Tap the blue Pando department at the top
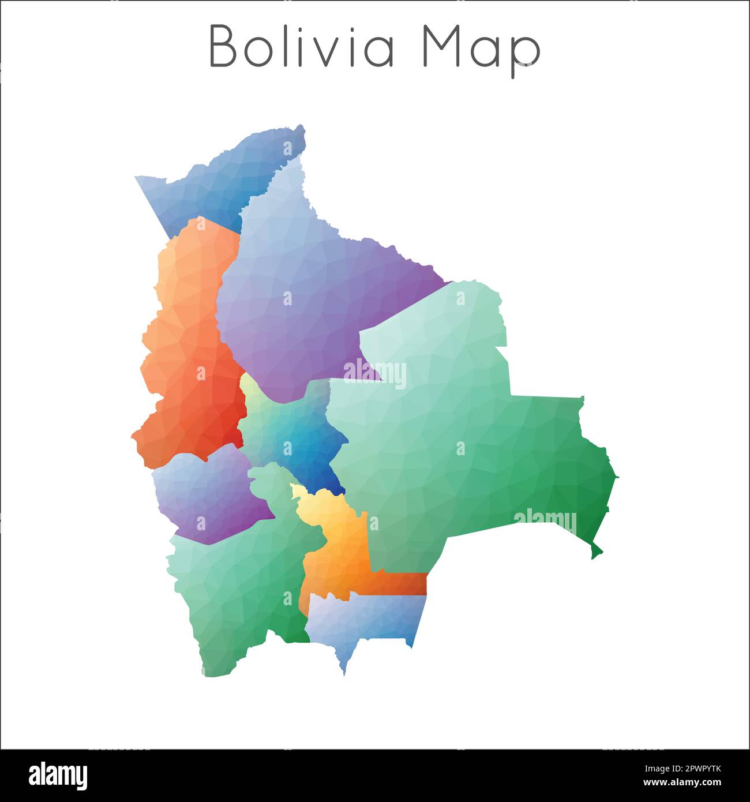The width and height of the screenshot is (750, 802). pos(231,179)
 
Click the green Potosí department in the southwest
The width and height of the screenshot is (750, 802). pos(242,589)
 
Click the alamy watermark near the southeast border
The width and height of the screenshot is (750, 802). pos(545,522)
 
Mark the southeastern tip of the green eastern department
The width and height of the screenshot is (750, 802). pos(594,557)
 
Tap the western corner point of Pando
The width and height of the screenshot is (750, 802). pos(136,177)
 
